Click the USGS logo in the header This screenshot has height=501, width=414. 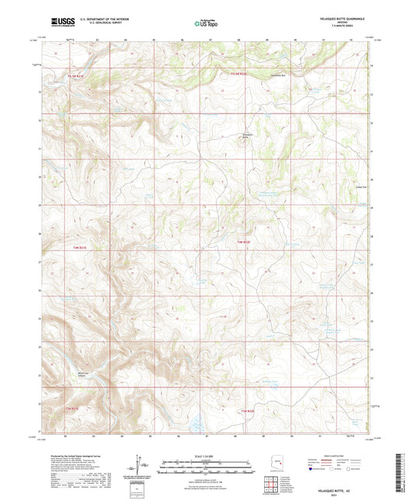pos(57,22)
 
